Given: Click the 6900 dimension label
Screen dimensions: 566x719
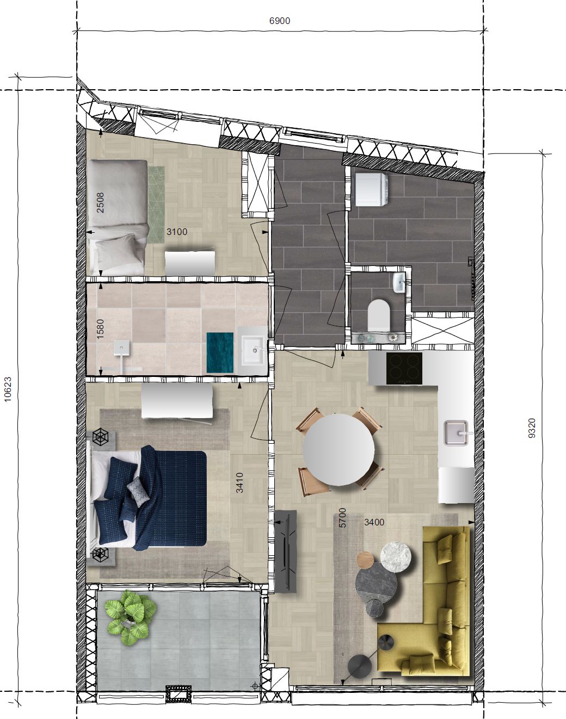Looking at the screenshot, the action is click(x=280, y=21).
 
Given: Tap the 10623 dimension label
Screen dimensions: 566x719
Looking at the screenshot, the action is click(x=8, y=389).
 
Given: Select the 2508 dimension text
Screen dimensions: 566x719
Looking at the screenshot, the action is click(x=100, y=202).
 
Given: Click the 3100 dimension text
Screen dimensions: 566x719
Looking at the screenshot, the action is click(x=177, y=232).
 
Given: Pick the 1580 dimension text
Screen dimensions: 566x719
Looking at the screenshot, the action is click(x=100, y=329).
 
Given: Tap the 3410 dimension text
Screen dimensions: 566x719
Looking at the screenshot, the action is click(x=239, y=483).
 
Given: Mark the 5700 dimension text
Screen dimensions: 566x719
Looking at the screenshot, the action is click(x=342, y=518).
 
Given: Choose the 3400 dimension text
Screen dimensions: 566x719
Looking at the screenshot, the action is click(x=374, y=522).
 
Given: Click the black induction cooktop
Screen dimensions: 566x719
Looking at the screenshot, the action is click(x=404, y=369).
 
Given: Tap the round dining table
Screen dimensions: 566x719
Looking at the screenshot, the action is click(x=339, y=449).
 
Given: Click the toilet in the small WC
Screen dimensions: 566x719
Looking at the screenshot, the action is click(x=379, y=314).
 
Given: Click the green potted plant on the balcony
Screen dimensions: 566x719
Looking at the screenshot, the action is click(x=131, y=617).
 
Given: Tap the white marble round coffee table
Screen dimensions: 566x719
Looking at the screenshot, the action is click(x=396, y=556).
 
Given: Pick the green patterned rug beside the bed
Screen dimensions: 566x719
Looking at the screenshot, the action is click(x=156, y=204).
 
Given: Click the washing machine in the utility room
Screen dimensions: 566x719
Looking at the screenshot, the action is click(x=371, y=189).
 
